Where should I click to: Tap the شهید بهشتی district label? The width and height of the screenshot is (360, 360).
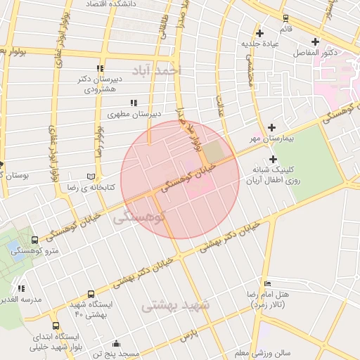coord(176,306)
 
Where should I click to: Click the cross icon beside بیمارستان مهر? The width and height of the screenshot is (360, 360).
coord(271,127)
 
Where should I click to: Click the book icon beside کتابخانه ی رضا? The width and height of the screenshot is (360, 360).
coord(89,176)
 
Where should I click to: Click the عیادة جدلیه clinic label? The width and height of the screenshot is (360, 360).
coord(261,44)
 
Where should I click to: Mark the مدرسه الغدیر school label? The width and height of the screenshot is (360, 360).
coord(21,300)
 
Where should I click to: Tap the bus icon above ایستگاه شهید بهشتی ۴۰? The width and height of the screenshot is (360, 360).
coord(91,295)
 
